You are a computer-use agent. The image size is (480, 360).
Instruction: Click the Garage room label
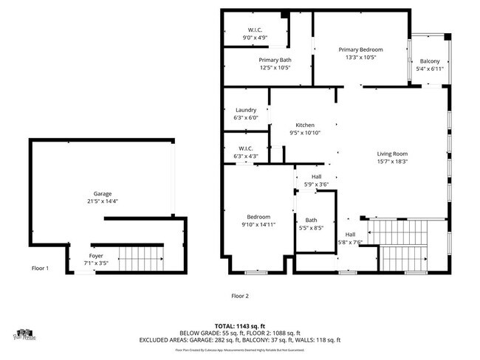coord(103,193)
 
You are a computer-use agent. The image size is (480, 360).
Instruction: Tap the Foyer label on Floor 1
coord(96,255)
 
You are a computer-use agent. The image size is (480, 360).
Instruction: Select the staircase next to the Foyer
coord(140,259)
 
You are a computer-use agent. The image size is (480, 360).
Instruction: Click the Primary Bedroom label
coord(361,49)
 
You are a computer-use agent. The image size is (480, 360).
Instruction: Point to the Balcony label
coord(430,61)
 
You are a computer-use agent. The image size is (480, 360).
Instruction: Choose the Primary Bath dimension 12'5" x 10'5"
coord(274,68)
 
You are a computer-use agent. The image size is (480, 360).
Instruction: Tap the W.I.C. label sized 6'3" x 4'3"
coord(246,156)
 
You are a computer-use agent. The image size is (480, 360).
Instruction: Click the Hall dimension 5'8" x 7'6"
coord(350,242)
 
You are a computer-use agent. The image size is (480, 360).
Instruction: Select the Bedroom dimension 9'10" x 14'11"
coord(258,224)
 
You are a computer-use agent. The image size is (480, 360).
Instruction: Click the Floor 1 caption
coord(40,269)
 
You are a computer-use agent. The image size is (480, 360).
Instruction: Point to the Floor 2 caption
coord(240,295)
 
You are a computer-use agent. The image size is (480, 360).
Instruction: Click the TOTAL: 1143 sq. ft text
coord(240,325)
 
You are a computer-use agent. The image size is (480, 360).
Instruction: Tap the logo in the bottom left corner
coord(25,334)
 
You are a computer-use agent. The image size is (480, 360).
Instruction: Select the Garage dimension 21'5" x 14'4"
coord(103,201)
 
